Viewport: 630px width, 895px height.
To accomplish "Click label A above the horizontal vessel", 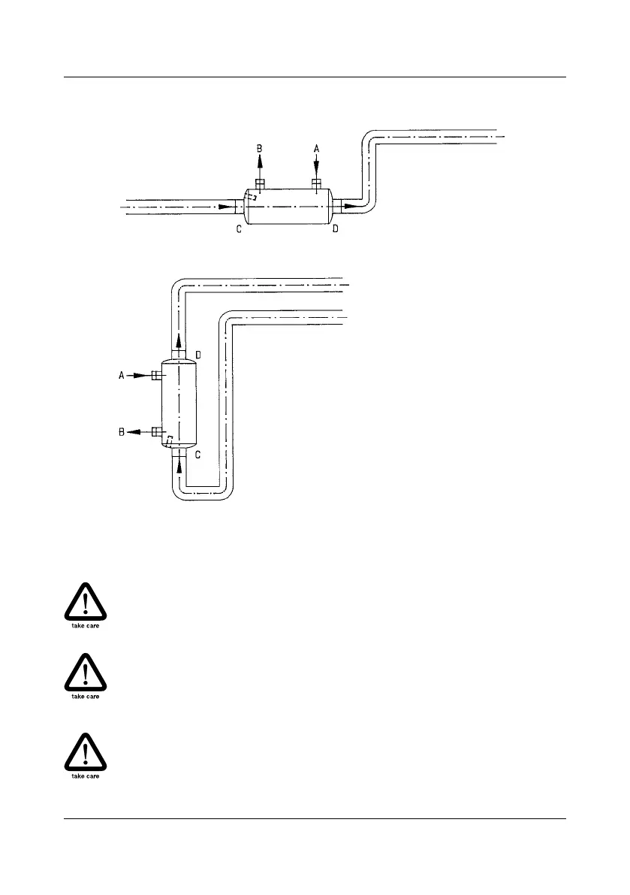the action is (317, 149).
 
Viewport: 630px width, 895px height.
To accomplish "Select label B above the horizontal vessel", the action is (259, 149).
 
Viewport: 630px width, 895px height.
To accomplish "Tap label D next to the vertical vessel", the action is (198, 354).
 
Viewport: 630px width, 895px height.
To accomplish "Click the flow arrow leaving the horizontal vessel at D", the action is (349, 205).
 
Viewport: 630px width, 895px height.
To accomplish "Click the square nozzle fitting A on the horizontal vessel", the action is (317, 183).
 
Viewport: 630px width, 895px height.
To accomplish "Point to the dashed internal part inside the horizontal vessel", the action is (252, 197).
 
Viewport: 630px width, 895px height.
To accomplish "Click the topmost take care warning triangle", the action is (85, 603).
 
